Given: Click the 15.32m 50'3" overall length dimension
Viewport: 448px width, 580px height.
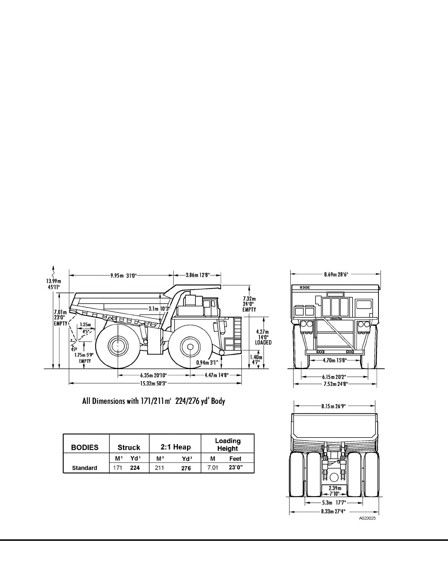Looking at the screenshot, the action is [153, 383].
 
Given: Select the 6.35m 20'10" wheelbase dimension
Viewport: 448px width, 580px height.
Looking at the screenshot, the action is [153, 375].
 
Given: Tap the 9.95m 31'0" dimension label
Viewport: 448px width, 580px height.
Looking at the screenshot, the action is [124, 275].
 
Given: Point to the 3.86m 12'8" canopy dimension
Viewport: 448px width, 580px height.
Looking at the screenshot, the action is [198, 275].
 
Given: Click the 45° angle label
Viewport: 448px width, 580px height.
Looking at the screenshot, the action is [74, 349].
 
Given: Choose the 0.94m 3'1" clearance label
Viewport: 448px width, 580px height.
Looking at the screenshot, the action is [207, 362].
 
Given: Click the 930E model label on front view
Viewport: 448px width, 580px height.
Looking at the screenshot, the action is [305, 287].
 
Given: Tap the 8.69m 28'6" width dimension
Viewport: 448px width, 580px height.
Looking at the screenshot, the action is [336, 274].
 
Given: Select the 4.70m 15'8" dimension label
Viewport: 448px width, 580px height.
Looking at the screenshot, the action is [335, 360].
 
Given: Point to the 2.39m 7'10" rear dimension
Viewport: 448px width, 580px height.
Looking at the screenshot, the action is [335, 491].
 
